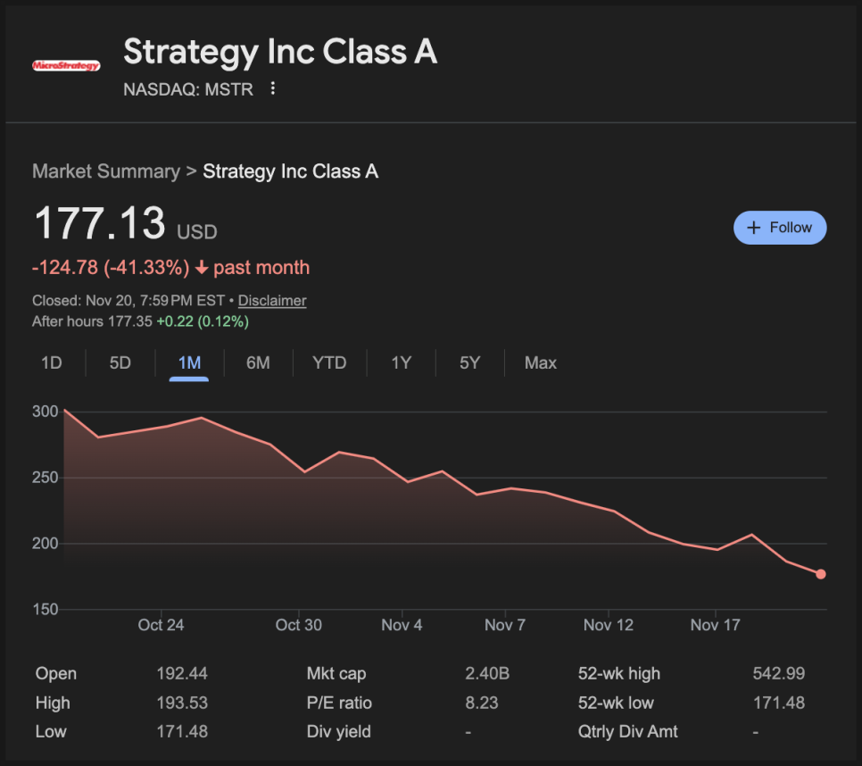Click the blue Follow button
click(x=780, y=228)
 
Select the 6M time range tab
click(x=258, y=362)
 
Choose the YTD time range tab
click(x=329, y=362)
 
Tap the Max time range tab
click(x=541, y=362)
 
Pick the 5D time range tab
click(x=120, y=362)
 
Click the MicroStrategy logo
click(x=66, y=65)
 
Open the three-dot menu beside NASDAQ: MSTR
click(x=273, y=89)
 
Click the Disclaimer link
click(x=272, y=301)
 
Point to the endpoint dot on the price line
click(x=821, y=574)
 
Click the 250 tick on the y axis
click(x=46, y=478)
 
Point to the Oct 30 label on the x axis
click(x=299, y=625)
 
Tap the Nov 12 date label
click(x=609, y=625)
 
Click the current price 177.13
click(x=100, y=223)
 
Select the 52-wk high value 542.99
click(x=779, y=674)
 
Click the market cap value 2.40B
click(x=482, y=674)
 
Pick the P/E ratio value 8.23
click(x=482, y=703)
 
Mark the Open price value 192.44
click(x=182, y=674)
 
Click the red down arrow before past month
click(x=202, y=268)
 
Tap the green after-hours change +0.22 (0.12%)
click(x=203, y=321)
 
